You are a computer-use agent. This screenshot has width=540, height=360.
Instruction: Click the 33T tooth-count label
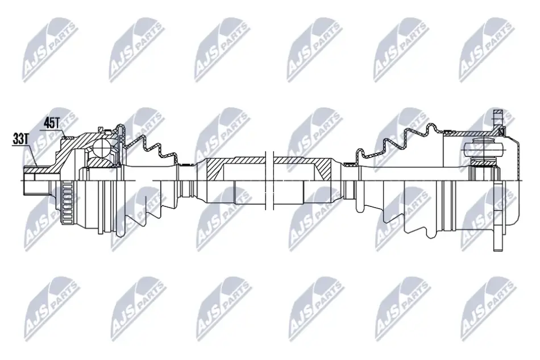coord(20,139)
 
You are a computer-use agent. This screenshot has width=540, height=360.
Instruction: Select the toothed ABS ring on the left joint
coord(68,203)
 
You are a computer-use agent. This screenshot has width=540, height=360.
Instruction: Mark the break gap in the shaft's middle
coord(269,180)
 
